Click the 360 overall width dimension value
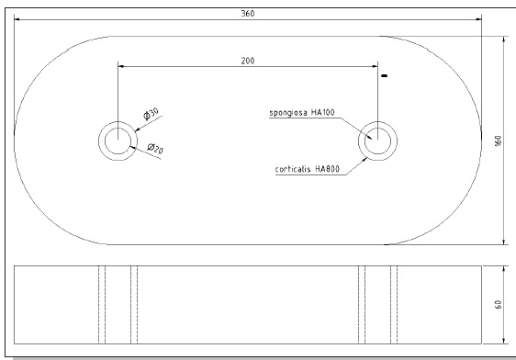248,13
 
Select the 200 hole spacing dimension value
248,61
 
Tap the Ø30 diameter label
151,114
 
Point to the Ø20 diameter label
155,149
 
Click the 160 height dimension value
499,141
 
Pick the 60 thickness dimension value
499,304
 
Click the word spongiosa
288,113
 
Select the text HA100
323,112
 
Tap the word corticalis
293,169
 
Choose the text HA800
327,169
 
